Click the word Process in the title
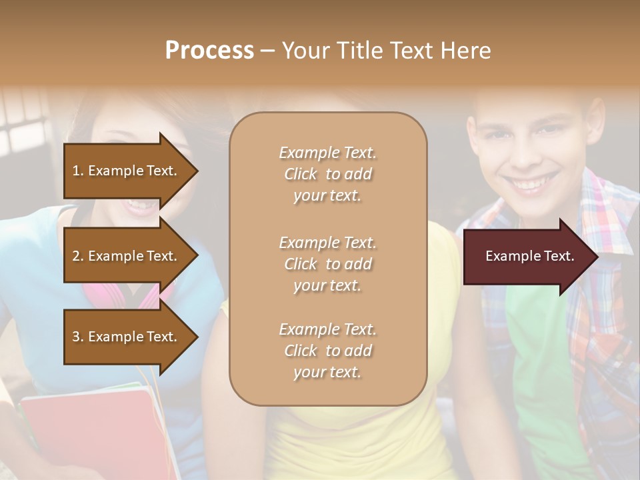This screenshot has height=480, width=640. pyautogui.click(x=209, y=51)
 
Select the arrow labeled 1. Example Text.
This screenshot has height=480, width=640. pyautogui.click(x=127, y=171)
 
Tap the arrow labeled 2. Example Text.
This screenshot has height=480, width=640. pyautogui.click(x=127, y=256)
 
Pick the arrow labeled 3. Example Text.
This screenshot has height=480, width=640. pyautogui.click(x=127, y=337)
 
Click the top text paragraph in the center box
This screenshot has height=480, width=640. pyautogui.click(x=327, y=174)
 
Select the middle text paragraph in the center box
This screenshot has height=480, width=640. pyautogui.click(x=327, y=264)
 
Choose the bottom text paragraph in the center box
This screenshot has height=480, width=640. pyautogui.click(x=327, y=351)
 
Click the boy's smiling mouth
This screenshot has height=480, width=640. pyautogui.click(x=533, y=182)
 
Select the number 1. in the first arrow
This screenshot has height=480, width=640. pyautogui.click(x=78, y=171)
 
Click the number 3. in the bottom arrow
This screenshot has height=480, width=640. pyautogui.click(x=78, y=337)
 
